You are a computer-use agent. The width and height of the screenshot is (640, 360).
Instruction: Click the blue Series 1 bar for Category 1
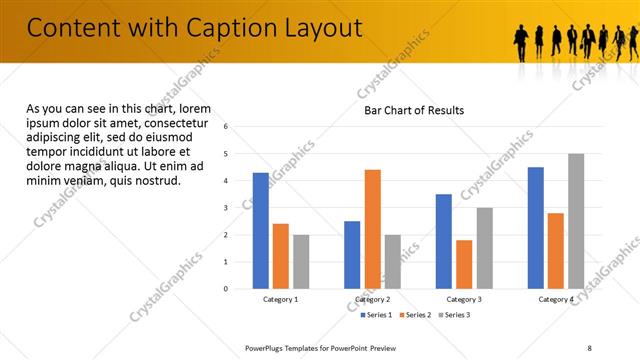click(260, 231)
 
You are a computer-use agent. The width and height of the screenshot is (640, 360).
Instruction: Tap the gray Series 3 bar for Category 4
click(576, 221)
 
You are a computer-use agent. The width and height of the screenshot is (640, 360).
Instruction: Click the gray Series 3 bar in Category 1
click(301, 262)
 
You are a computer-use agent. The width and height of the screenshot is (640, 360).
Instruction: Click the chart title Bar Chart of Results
click(414, 110)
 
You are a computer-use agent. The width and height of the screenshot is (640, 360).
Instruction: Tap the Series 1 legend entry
click(376, 315)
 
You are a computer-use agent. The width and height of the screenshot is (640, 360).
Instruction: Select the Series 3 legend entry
click(455, 315)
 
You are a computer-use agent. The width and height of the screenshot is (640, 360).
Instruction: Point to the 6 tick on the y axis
click(226, 127)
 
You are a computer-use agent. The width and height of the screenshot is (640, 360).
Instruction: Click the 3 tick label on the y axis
click(226, 208)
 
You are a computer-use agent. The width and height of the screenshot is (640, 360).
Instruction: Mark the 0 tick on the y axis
click(226, 289)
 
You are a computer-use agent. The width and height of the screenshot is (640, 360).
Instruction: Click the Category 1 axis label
click(281, 299)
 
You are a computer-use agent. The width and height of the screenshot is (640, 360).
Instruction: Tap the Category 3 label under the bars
click(464, 299)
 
